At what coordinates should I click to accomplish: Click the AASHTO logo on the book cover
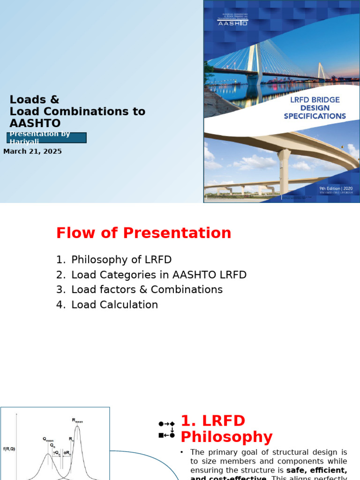coord(232,22)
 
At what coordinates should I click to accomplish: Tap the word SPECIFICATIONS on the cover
coord(315,116)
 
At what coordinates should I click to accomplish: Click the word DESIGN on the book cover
coord(315,108)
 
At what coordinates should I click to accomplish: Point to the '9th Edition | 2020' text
coord(336,188)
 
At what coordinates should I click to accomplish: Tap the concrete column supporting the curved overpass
coord(284,171)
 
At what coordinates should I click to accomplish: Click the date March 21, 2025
coord(33,151)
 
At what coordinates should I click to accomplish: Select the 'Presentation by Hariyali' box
coord(46,137)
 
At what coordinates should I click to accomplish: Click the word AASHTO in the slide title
coord(35,123)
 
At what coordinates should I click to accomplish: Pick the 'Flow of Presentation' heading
coord(143,233)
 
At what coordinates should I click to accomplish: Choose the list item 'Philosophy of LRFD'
coord(121,260)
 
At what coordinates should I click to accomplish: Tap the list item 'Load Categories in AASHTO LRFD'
coord(158,275)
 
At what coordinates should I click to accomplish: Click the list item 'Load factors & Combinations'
coord(147,290)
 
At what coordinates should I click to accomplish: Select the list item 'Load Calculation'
coord(114,305)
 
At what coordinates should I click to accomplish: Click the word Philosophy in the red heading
coord(226,437)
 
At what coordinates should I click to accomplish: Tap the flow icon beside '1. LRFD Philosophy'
coord(166,429)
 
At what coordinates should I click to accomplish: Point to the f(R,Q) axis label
coord(9,449)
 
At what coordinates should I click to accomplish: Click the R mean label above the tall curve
coord(77,420)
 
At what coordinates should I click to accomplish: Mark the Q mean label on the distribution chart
coord(48,439)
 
